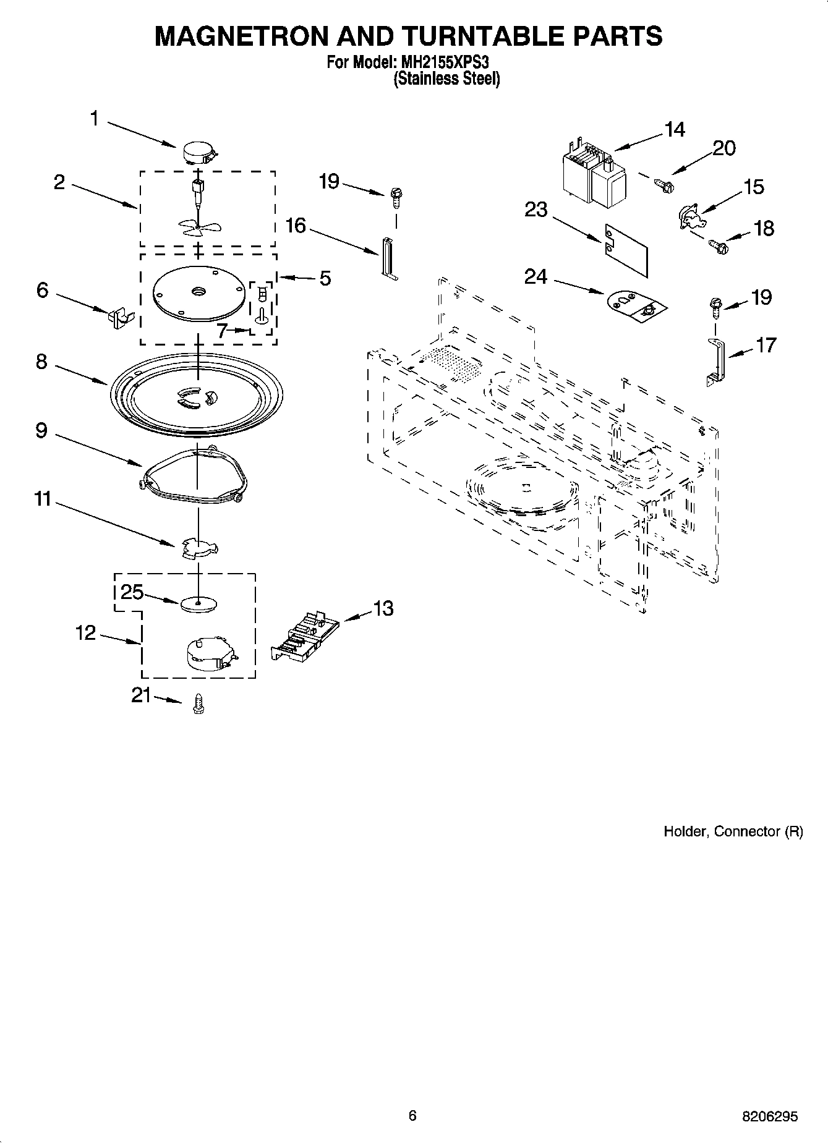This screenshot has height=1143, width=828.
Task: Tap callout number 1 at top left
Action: pyautogui.click(x=95, y=118)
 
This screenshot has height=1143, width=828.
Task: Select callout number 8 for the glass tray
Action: pyautogui.click(x=41, y=362)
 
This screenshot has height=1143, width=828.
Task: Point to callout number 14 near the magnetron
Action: pyautogui.click(x=675, y=130)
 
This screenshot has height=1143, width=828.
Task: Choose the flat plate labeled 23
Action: pyautogui.click(x=626, y=248)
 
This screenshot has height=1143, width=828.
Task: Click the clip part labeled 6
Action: pyautogui.click(x=118, y=318)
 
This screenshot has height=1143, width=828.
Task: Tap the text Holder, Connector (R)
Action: pyautogui.click(x=733, y=831)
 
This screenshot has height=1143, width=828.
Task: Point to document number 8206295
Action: pyautogui.click(x=769, y=1116)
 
